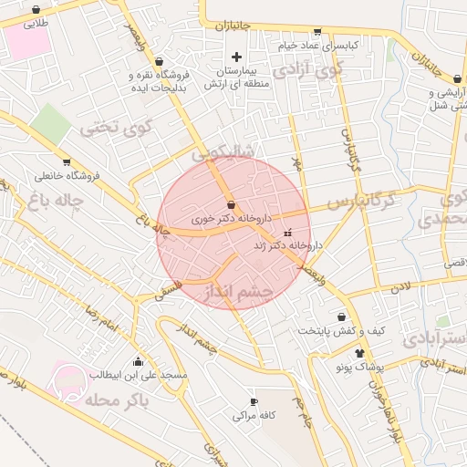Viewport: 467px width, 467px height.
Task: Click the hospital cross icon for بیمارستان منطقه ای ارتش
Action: pos(236,57)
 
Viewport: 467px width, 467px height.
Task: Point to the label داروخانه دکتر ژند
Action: pos(289,246)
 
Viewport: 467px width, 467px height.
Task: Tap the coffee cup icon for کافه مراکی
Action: pos(254,402)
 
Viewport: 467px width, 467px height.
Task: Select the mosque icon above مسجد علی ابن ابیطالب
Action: pos(138,360)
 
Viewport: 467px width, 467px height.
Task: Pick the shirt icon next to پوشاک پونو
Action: pos(359,353)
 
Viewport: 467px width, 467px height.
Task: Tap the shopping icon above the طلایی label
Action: pos(36,10)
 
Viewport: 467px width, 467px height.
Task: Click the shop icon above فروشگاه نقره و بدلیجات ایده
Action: pos(160,60)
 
